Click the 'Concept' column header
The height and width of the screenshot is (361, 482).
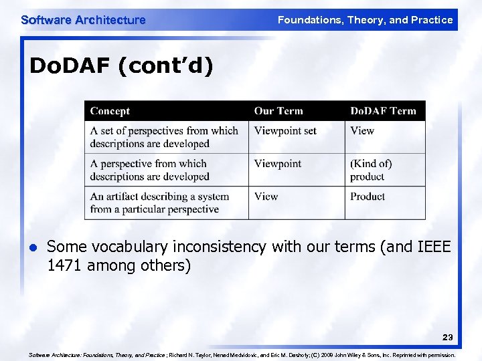click(x=110, y=111)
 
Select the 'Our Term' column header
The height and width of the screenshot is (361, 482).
click(x=278, y=111)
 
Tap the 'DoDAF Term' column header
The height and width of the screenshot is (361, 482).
click(x=383, y=111)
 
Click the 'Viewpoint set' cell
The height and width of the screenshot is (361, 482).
click(x=285, y=131)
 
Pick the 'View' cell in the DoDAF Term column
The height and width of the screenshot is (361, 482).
click(x=362, y=131)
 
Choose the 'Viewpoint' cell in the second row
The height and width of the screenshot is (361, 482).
click(x=278, y=164)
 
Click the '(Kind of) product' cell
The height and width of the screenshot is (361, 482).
click(x=371, y=170)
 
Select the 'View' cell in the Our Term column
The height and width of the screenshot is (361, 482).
click(x=266, y=197)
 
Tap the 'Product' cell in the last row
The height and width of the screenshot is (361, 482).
click(x=368, y=197)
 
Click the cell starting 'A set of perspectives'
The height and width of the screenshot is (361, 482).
click(x=164, y=137)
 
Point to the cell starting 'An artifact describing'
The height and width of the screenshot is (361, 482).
click(x=159, y=203)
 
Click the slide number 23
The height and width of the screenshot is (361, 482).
click(x=447, y=338)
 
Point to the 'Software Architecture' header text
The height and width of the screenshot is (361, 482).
click(x=83, y=20)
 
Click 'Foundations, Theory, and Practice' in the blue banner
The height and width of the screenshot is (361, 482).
click(x=365, y=20)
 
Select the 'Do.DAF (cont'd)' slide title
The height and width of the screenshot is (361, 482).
click(x=121, y=68)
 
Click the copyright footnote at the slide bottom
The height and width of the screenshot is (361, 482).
click(x=242, y=355)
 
